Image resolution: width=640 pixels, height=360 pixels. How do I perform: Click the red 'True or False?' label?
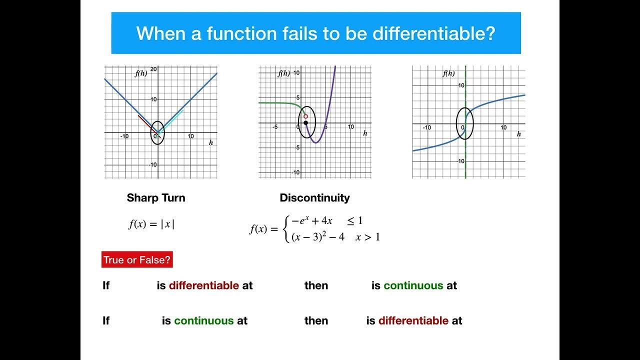pyautogui.click(x=137, y=260)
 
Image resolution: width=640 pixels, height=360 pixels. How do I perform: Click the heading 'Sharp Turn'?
pyautogui.click(x=156, y=198)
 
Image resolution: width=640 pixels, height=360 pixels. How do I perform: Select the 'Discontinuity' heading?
pyautogui.click(x=314, y=198)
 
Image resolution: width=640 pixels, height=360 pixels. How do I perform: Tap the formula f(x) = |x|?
pyautogui.click(x=151, y=224)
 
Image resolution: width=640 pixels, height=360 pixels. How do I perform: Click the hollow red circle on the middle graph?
pyautogui.click(x=305, y=116)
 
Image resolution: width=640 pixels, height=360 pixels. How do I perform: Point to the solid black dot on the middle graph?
pyautogui.click(x=305, y=122)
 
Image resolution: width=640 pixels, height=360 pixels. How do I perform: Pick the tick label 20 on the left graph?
pyautogui.click(x=154, y=69)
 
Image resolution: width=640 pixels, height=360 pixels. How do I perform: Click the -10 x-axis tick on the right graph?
pyautogui.click(x=426, y=128)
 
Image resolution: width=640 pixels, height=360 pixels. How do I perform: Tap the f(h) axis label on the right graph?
pyautogui.click(x=448, y=73)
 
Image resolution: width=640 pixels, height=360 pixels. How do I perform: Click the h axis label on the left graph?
pyautogui.click(x=211, y=143)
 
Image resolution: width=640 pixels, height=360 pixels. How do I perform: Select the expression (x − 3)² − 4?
pyautogui.click(x=318, y=237)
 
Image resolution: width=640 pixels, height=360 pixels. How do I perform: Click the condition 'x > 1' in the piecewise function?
pyautogui.click(x=367, y=237)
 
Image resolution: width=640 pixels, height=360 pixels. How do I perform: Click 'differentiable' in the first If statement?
pyautogui.click(x=203, y=285)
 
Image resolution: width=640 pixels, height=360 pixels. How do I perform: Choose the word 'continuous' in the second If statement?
pyautogui.click(x=203, y=320)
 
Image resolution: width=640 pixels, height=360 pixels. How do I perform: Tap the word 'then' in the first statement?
pyautogui.click(x=316, y=285)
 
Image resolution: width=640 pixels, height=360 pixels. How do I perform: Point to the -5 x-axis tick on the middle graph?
pyautogui.click(x=275, y=127)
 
